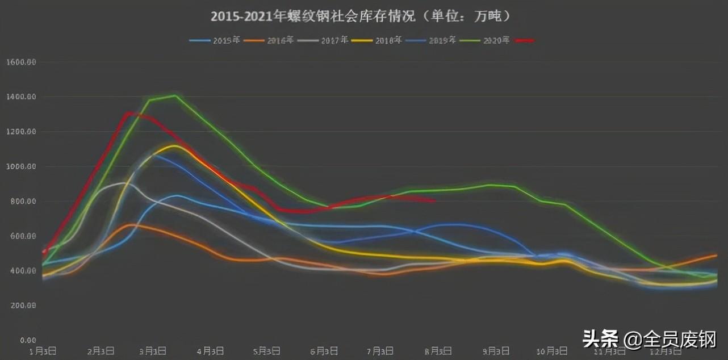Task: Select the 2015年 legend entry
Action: pos(215,40)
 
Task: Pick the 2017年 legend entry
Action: pos(323,40)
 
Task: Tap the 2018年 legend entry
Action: pos(377,40)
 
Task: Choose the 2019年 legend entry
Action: pos(431,40)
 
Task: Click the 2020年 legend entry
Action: pos(485,40)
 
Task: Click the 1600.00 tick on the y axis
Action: pos(21,62)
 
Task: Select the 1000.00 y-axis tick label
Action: pos(21,166)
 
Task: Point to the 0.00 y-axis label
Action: pos(27,340)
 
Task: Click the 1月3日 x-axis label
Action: pos(43,351)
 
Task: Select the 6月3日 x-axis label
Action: pos(324,351)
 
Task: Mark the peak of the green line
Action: pos(174,95)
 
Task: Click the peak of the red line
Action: pos(129,113)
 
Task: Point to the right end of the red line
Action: pos(434,200)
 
